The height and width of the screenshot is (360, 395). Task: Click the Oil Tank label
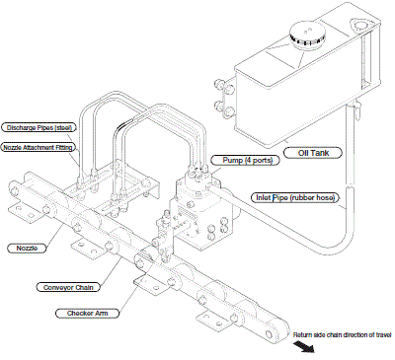[x=313, y=153]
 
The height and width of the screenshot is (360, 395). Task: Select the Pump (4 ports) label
[x=247, y=161]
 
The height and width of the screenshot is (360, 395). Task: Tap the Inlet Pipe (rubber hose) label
[x=295, y=198]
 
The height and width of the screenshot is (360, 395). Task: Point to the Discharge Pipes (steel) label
[x=39, y=127]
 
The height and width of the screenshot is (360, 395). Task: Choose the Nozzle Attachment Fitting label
[x=38, y=148]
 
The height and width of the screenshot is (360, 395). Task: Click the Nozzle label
[x=27, y=248]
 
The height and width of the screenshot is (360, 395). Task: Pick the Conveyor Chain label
[x=68, y=287]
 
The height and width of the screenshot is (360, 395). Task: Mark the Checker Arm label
[x=87, y=314]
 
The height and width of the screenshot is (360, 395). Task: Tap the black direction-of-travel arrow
[x=304, y=346]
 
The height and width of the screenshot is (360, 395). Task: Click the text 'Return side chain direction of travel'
[x=343, y=335]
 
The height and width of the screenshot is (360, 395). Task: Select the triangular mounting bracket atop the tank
[x=359, y=26]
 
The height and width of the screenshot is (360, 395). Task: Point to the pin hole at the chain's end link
[x=270, y=334]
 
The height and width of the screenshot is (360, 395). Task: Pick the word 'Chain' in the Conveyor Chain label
[x=84, y=287]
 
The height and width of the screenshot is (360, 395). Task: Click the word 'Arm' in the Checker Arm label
[x=102, y=314]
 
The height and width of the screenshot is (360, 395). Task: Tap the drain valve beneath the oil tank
[x=356, y=109]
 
